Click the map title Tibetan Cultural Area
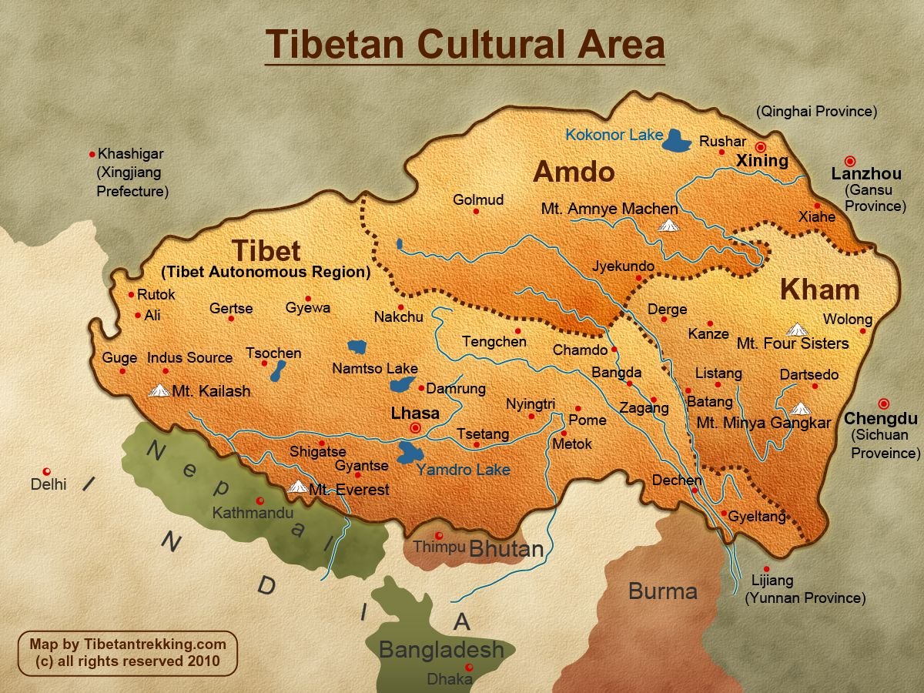point(465,44)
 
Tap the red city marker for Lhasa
point(416,427)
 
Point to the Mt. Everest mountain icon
point(297,487)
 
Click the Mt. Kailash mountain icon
point(159,390)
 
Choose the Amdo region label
point(574,172)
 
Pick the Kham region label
point(819,290)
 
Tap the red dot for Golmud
point(476,211)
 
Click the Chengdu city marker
point(882,403)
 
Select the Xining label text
point(762,161)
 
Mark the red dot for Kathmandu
point(260,500)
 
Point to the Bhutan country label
point(506,550)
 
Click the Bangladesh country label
point(440,649)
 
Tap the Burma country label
point(662,591)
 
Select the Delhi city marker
point(47,471)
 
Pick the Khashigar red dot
point(92,154)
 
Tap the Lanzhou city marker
point(850,161)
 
